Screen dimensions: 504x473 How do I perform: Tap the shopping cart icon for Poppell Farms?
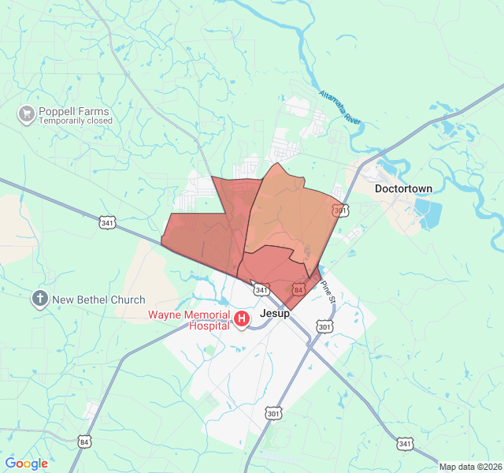tap(26, 115)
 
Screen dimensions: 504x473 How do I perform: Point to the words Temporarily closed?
tap(76, 121)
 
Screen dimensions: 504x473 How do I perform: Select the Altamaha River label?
tap(339, 108)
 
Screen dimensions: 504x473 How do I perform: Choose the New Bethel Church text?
tap(98, 300)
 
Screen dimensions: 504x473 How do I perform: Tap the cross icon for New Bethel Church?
tap(40, 299)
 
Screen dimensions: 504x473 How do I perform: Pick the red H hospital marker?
tap(243, 319)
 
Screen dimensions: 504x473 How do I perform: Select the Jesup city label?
tap(275, 313)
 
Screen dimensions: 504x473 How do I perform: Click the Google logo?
tap(26, 464)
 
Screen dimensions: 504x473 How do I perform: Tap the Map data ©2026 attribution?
tap(470, 467)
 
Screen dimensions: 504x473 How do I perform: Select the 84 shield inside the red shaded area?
tap(298, 289)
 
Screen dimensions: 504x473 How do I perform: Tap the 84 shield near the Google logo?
tap(84, 442)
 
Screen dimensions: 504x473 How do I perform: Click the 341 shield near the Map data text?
tap(405, 444)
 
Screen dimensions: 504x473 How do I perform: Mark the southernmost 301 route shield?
tap(273, 413)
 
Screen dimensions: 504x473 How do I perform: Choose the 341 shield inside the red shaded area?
tap(262, 289)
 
